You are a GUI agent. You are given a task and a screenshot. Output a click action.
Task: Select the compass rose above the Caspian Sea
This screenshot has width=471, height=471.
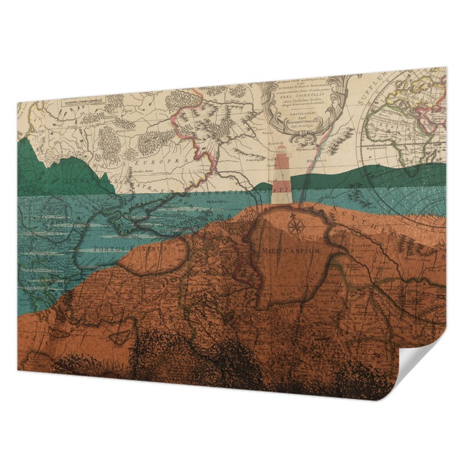click(x=295, y=226)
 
